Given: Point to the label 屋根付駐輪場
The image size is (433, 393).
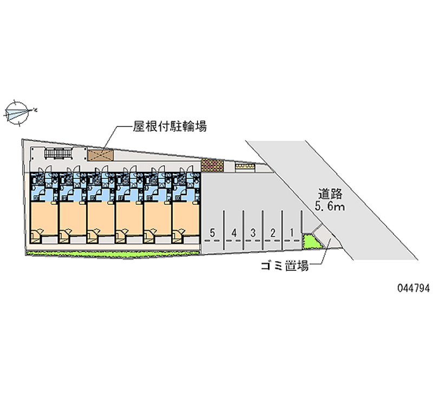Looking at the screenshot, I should [170, 126].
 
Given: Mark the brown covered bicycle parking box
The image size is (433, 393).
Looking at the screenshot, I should [100, 155].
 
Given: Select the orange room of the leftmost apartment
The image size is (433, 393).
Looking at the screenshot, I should [43, 219].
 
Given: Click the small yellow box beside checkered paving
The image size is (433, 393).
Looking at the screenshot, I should [245, 166].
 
